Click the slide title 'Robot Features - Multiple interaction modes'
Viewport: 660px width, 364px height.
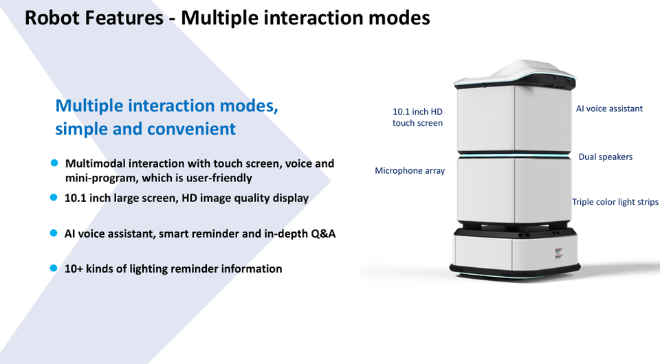[228, 18]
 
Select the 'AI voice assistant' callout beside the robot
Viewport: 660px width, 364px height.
[609, 109]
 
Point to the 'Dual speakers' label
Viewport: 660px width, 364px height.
[605, 157]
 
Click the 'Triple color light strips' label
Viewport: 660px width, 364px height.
[615, 202]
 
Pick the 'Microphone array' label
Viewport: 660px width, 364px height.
[410, 170]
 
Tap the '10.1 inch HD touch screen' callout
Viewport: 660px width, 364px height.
[417, 117]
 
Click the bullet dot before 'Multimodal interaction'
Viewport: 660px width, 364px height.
[54, 163]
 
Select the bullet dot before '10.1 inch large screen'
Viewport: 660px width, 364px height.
[54, 197]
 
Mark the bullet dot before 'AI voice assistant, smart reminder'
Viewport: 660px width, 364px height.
[54, 233]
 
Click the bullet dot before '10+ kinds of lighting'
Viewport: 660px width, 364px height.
[54, 268]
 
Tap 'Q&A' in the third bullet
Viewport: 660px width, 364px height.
[323, 234]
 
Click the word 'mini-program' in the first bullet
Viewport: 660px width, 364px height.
[102, 178]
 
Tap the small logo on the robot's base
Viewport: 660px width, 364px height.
[558, 252]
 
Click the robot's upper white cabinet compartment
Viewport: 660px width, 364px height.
[514, 119]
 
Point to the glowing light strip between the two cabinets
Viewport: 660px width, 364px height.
[514, 155]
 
